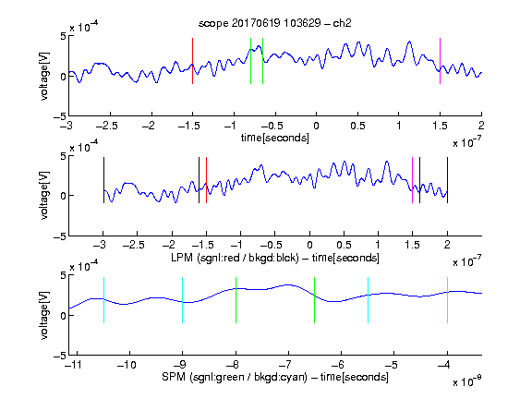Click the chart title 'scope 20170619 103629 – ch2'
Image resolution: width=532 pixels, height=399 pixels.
275,23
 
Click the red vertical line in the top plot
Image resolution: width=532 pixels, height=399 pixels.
192,61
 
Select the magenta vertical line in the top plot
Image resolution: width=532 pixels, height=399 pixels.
440,61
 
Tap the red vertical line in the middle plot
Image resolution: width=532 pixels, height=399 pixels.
206,180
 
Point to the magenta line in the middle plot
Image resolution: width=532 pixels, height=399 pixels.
412,180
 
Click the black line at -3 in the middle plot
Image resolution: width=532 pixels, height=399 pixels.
103,180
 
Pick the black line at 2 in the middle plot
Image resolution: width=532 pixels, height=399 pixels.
447,180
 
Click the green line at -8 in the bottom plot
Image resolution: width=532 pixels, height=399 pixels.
236,300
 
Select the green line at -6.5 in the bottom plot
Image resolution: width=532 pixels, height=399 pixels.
315,300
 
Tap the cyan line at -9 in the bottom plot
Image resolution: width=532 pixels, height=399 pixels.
183,300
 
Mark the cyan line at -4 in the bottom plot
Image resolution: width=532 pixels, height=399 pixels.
447,300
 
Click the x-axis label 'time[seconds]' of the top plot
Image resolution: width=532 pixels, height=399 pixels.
275,139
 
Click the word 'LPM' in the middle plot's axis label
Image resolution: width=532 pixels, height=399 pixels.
182,258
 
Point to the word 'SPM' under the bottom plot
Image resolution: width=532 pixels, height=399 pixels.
174,377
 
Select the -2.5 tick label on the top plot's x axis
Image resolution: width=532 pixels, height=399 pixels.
106,126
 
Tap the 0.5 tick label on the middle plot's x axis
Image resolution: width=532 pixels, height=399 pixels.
344,245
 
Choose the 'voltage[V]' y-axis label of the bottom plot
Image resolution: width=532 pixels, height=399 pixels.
44,315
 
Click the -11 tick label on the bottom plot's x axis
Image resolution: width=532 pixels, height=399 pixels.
73,365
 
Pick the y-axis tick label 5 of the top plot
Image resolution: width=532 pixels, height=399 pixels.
63,36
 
